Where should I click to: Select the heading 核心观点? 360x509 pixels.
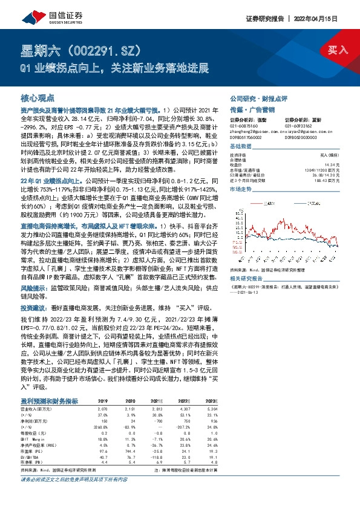[38, 97]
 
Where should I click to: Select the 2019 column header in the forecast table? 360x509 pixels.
[102, 401]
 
